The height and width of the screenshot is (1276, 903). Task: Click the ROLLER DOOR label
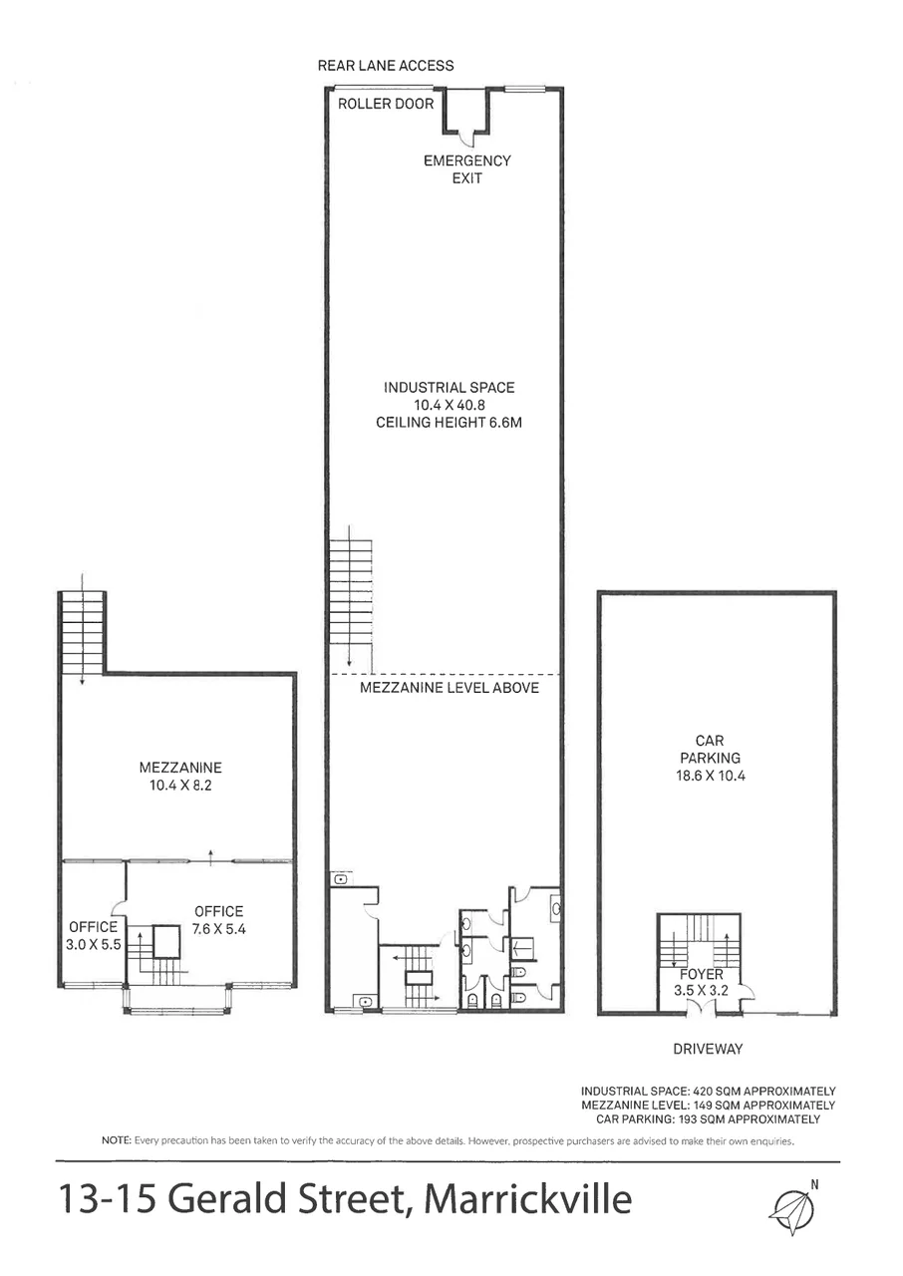tap(386, 104)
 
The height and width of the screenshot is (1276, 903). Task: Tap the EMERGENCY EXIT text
tap(466, 169)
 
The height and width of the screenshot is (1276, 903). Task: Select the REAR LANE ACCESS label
tap(385, 66)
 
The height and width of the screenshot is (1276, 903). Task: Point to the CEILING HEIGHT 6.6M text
tap(449, 423)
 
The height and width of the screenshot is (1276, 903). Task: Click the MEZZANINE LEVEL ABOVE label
tap(449, 688)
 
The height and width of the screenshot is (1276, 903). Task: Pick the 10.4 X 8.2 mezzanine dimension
tap(180, 786)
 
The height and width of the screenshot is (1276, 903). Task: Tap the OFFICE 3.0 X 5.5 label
tap(94, 935)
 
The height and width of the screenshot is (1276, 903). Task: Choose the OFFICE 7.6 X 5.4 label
tap(218, 920)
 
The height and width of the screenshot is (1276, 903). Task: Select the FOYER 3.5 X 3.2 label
tap(702, 982)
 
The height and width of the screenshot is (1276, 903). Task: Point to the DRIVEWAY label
tap(709, 1049)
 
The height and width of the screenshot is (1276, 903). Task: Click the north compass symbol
tap(793, 1207)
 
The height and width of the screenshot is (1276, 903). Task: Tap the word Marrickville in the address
tap(528, 1198)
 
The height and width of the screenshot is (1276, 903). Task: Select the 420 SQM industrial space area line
tap(708, 1092)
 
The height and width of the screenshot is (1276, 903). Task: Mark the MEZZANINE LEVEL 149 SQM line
tap(708, 1106)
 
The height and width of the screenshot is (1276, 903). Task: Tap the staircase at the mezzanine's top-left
tap(83, 632)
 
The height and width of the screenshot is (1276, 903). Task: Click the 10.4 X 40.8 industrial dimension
tap(449, 405)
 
